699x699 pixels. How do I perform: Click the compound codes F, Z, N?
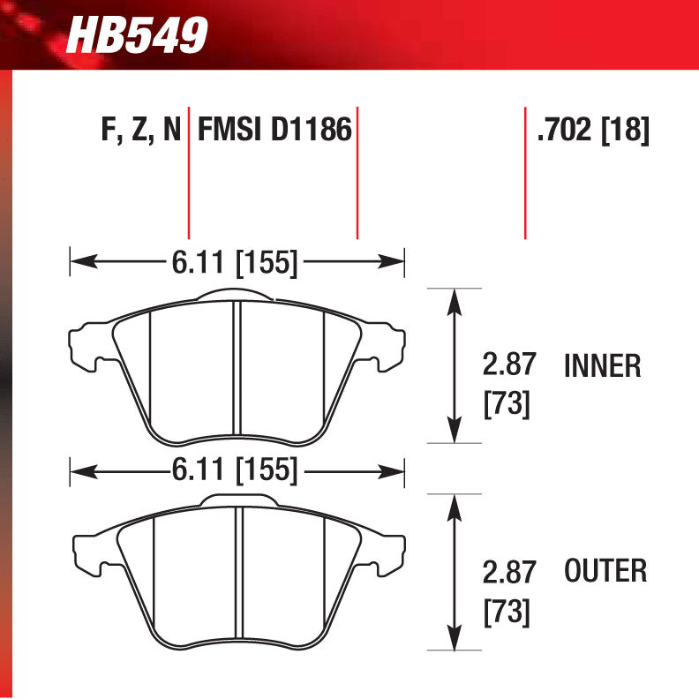[x=140, y=131]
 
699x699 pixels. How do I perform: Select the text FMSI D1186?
[x=274, y=131]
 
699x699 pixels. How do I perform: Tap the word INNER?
[x=602, y=366]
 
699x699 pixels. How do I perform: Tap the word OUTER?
[x=605, y=571]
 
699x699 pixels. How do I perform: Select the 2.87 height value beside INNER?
[x=509, y=365]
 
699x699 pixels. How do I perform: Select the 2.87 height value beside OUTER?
[x=509, y=573]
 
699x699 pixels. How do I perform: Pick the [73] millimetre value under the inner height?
[x=507, y=404]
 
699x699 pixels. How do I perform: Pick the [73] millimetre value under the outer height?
[x=507, y=612]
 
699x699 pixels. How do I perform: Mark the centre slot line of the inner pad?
[x=237, y=371]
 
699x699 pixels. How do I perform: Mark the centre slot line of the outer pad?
[x=238, y=578]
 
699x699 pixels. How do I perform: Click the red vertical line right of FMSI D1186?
[x=357, y=177]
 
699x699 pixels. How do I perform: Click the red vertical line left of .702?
[x=525, y=177]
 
